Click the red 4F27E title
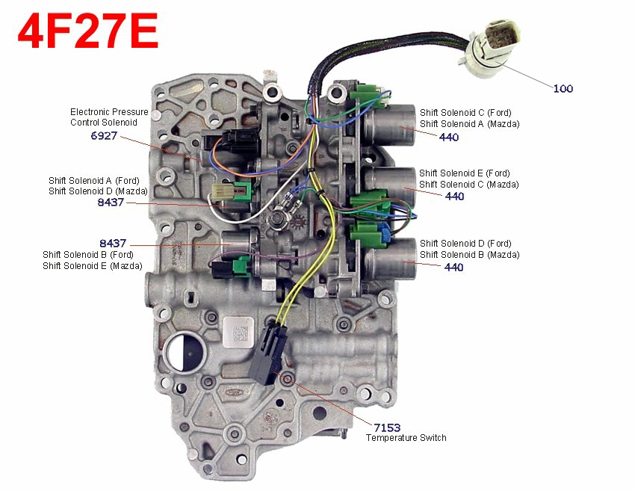88,31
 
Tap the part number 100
563,88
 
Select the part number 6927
104,136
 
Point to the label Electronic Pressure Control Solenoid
109,117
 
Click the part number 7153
387,427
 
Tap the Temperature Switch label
406,438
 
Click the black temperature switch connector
269,353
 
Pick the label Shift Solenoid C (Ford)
465,113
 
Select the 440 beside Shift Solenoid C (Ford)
449,137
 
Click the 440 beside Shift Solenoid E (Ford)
454,196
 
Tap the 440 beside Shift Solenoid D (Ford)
453,267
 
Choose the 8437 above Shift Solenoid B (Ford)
113,243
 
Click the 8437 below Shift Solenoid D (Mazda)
111,202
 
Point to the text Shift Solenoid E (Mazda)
93,266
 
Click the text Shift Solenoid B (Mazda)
470,255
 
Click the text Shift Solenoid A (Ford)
94,181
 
